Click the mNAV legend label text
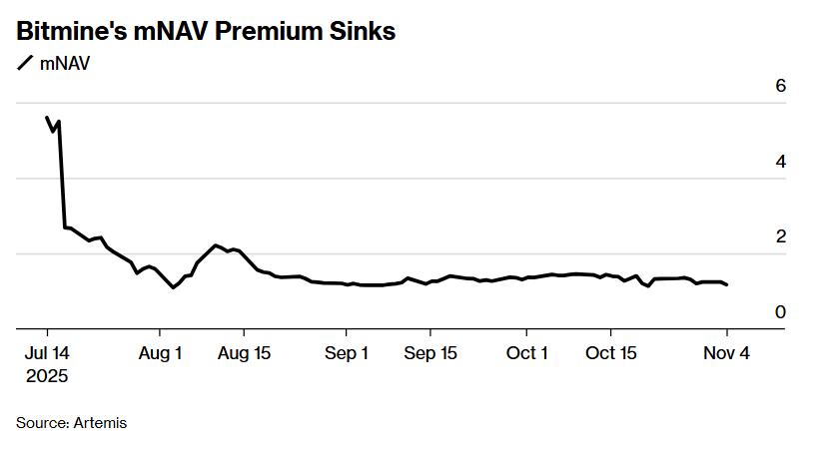point(66,65)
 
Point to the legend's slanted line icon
point(25,65)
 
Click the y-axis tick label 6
point(780,87)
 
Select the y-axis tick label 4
point(780,162)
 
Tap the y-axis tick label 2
point(780,237)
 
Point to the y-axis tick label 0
point(780,312)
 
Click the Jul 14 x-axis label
point(47,353)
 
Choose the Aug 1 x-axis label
point(159,353)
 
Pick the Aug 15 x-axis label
point(245,353)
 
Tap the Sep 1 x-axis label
point(347,353)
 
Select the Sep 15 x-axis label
point(431,353)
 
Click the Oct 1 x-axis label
point(526,353)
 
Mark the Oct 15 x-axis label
point(611,353)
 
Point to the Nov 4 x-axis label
point(726,353)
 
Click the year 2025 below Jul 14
point(47,377)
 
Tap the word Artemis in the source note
point(100,423)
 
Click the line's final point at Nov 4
point(726,285)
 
